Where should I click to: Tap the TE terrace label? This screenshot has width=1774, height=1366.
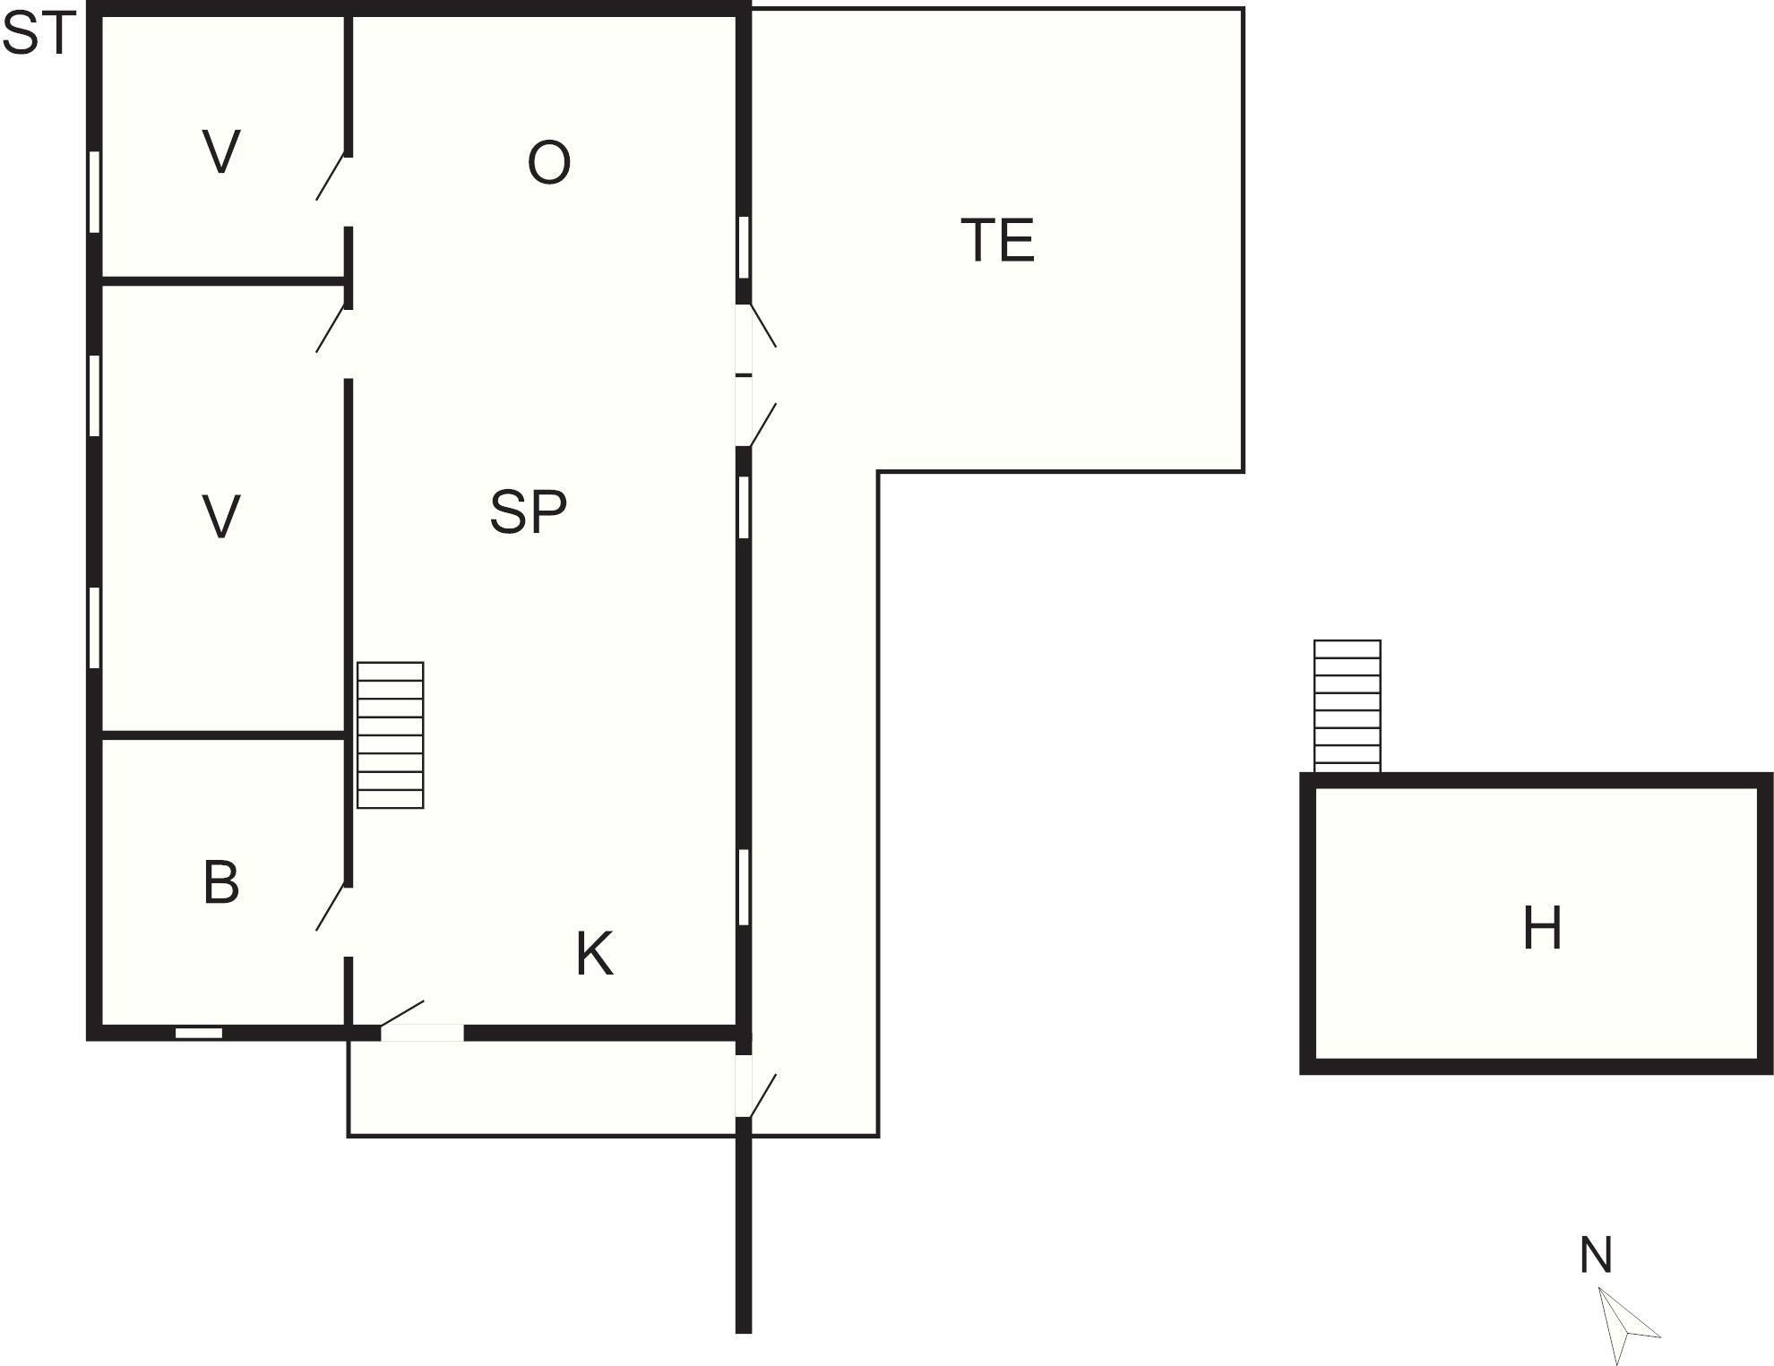point(997,240)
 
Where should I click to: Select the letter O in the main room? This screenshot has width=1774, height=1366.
point(548,163)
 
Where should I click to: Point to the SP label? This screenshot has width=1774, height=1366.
point(528,512)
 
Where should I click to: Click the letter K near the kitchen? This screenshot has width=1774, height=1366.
point(594,954)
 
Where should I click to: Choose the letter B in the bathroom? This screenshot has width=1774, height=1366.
point(221,882)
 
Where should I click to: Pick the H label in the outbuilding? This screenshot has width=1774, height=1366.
point(1542,928)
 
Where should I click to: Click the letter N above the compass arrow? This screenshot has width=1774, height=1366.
point(1596,1255)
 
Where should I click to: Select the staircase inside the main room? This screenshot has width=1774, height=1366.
point(391,735)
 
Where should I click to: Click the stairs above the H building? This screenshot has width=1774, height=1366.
point(1347,705)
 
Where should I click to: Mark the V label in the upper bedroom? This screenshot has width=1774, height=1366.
point(221,152)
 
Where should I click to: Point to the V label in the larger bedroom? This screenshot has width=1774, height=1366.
point(221,517)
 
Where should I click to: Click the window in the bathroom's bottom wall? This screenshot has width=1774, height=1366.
point(199,1033)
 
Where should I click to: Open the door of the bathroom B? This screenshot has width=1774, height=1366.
point(332,907)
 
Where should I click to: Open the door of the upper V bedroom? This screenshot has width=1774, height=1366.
point(332,177)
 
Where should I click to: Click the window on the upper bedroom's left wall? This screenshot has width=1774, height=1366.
point(94,193)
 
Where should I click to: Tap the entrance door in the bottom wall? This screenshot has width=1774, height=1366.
point(421,1032)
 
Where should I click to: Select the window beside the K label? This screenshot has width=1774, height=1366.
point(744,887)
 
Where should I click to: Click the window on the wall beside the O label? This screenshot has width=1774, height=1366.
point(744,247)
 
